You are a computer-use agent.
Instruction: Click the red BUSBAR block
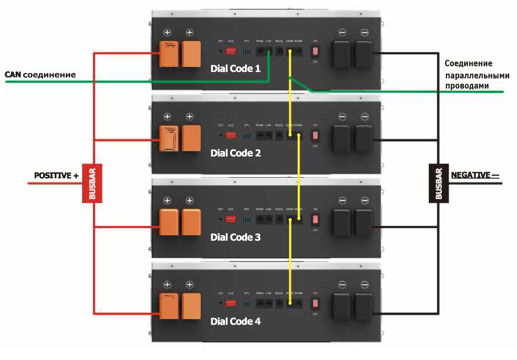92,183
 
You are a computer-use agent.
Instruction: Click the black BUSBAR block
439,183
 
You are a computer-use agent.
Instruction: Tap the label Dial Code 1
236,69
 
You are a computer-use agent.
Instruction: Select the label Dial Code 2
236,153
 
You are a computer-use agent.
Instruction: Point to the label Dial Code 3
236,237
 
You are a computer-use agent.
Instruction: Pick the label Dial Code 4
236,321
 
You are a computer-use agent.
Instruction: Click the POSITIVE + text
56,175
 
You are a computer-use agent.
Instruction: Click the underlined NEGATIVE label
474,175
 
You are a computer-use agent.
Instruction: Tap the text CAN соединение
40,75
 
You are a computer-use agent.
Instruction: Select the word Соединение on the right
468,64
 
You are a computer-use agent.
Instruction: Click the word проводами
467,86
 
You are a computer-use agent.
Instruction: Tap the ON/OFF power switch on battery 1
315,51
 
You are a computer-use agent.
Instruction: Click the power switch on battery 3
315,220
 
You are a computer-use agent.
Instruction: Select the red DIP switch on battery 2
231,135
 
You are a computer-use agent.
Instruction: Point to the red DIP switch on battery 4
231,303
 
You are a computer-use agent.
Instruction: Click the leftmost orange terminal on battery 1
169,54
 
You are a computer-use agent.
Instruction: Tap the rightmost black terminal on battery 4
364,306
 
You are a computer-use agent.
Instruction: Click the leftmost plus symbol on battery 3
167,200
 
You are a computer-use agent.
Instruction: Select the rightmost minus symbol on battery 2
365,117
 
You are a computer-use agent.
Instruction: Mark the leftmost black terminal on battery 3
341,222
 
